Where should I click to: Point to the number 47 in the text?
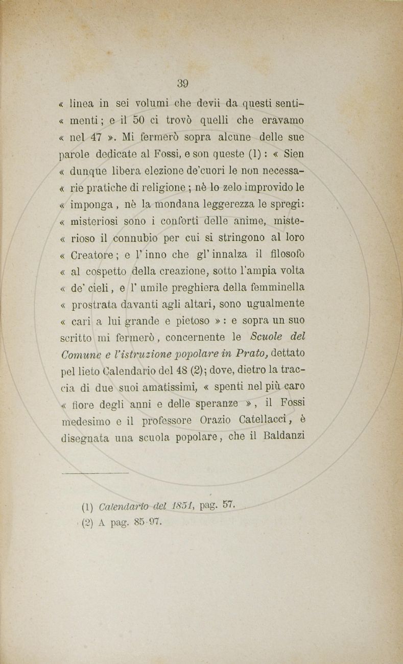click(95, 137)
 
